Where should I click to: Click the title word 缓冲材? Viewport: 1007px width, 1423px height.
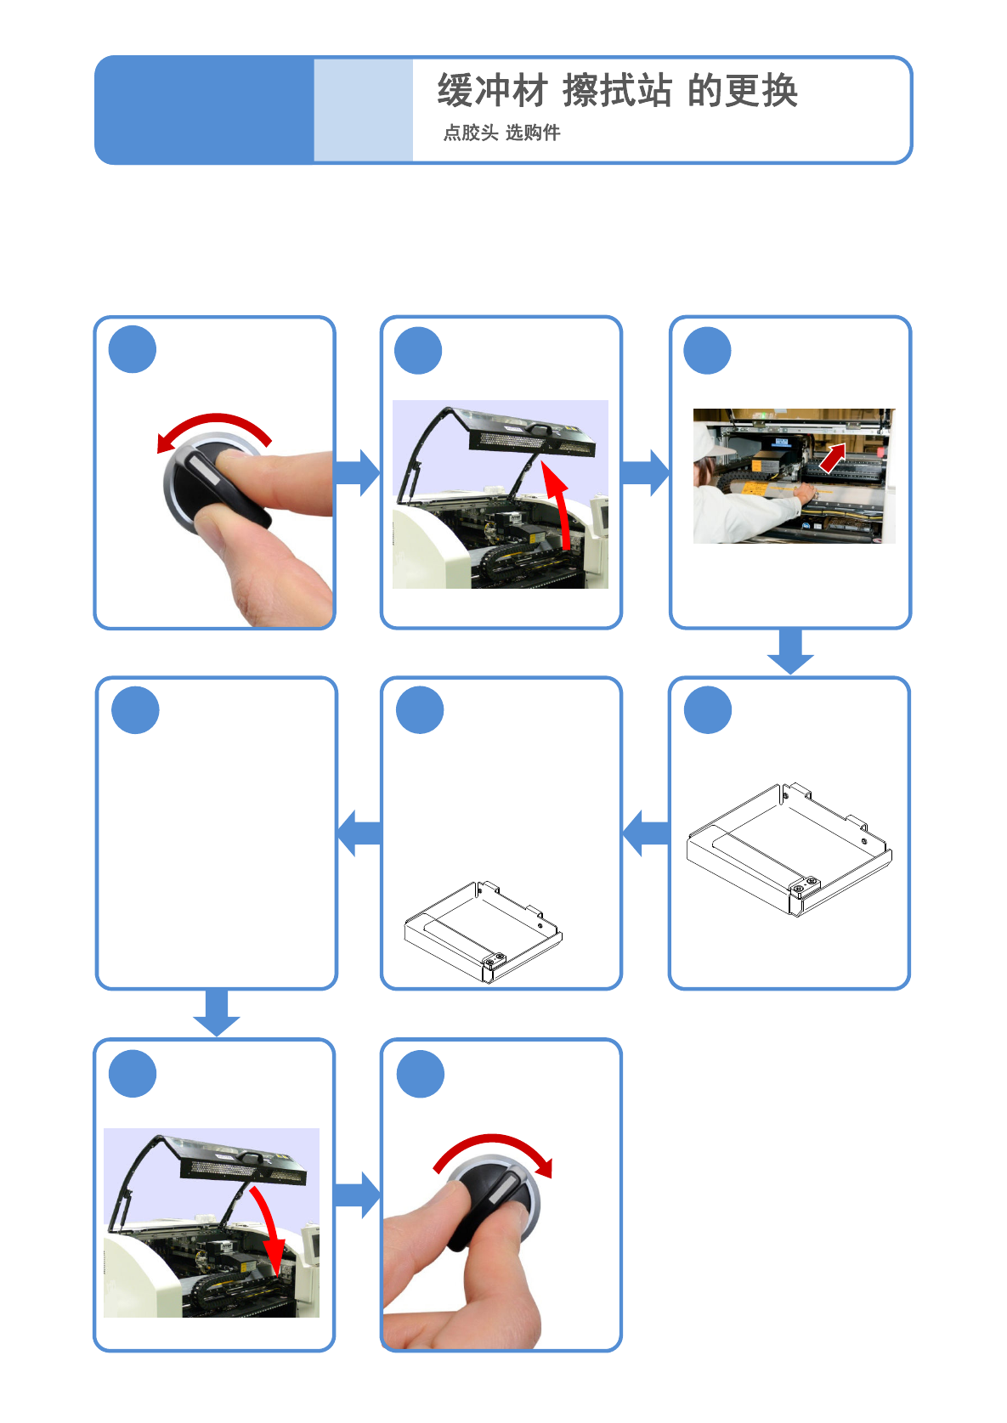[x=492, y=90]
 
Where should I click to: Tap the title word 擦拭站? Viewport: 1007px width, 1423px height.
[x=617, y=90]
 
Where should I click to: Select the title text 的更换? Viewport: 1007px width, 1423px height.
[x=743, y=90]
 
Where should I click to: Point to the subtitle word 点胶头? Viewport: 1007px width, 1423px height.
[x=470, y=133]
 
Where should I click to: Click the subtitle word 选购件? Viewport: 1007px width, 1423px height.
[x=533, y=133]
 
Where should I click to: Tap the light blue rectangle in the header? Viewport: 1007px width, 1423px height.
[x=364, y=110]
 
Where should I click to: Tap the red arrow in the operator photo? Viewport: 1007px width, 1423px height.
[x=833, y=457]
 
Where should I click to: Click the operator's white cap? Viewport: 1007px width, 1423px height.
[x=710, y=439]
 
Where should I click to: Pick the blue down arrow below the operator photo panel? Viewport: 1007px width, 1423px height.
[x=790, y=651]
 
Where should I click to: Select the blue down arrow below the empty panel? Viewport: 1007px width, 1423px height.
[x=217, y=1012]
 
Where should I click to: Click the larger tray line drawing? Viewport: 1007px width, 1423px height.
[x=789, y=850]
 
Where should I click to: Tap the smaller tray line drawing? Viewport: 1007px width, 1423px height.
[x=484, y=932]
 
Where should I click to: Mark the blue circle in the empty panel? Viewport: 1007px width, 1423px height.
[x=135, y=710]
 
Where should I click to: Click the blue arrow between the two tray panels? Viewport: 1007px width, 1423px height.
[x=646, y=833]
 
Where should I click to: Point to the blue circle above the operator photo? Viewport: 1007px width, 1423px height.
[x=707, y=351]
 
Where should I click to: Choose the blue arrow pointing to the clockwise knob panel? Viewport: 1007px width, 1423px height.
[x=357, y=1195]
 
